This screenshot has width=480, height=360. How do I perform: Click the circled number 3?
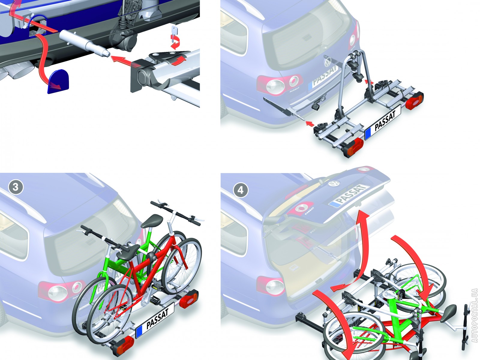[16, 187]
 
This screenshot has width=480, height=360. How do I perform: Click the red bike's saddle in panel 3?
[128, 251]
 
